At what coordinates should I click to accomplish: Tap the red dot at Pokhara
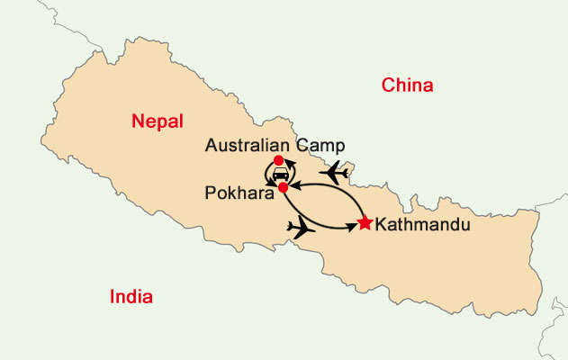pos(283,187)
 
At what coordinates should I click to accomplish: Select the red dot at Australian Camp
pos(278,160)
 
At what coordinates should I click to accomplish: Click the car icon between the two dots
pos(281,173)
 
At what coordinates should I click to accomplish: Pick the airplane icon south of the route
pos(302,229)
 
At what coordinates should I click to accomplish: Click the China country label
pos(408,85)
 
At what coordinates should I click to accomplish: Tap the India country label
pos(131,297)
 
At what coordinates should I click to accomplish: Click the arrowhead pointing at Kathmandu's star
pos(354,225)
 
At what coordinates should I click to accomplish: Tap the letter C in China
pos(388,85)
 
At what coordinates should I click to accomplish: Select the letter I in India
pos(112,297)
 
